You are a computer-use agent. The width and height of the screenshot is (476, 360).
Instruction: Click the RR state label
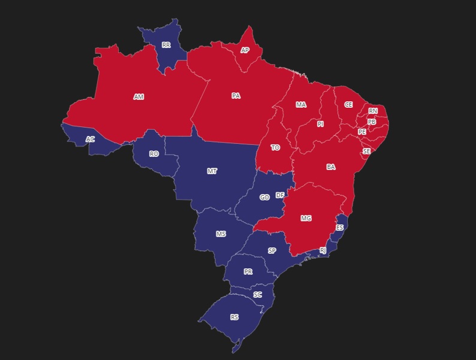click(166, 45)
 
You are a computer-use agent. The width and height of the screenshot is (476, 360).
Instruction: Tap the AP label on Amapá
click(245, 50)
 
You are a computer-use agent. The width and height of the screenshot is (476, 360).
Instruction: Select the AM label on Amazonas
click(138, 96)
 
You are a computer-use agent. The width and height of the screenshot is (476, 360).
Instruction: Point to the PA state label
click(236, 96)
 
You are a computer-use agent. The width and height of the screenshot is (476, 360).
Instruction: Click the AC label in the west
click(90, 139)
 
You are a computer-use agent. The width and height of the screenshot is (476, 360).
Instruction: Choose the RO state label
click(154, 154)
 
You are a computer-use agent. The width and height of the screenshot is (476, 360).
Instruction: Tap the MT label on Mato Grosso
click(212, 171)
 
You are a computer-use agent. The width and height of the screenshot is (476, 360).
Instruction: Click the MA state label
click(301, 105)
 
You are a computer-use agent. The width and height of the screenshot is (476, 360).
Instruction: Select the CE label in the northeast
click(348, 104)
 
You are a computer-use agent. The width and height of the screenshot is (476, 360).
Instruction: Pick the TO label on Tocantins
click(275, 147)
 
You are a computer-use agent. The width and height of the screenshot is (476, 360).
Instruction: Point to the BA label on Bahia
click(331, 167)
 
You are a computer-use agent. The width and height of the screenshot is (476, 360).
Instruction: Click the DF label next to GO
click(280, 195)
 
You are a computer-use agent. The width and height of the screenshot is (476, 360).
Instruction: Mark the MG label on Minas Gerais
click(306, 219)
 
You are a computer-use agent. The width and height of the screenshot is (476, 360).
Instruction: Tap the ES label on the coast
click(340, 228)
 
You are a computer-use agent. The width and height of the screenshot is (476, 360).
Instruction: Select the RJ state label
click(323, 250)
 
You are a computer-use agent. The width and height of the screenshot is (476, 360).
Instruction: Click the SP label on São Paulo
click(272, 251)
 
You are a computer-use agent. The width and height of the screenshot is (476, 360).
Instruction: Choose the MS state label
click(221, 234)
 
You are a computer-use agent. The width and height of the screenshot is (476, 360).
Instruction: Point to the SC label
click(257, 295)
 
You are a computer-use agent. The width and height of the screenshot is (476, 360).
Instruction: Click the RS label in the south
click(234, 317)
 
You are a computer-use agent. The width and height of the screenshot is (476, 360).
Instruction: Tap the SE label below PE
click(366, 152)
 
